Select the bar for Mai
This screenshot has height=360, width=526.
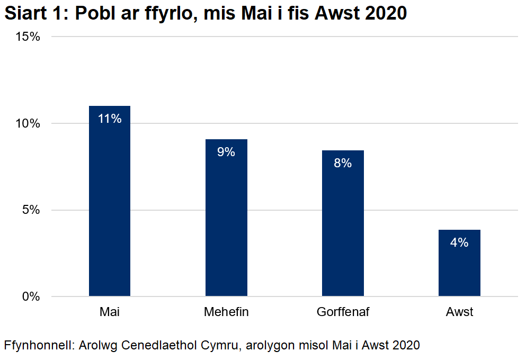click(110, 212)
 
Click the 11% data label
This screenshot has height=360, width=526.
click(110, 119)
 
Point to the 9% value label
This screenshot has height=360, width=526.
click(226, 152)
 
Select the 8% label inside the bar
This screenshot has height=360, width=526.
click(343, 163)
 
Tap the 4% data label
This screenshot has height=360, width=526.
click(459, 242)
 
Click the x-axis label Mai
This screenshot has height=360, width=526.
click(110, 312)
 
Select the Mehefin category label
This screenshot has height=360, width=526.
click(226, 312)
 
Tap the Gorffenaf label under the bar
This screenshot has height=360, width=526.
click(343, 312)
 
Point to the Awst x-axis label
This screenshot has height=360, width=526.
click(459, 312)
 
